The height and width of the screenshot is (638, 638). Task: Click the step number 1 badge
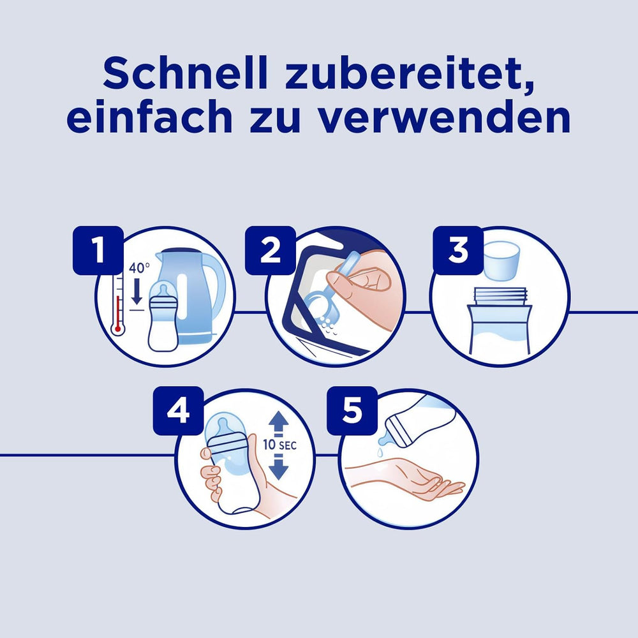(98, 251)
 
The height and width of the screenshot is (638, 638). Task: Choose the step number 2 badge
(271, 251)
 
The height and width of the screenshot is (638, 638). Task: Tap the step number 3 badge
(458, 251)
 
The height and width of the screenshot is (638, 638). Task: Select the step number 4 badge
(178, 410)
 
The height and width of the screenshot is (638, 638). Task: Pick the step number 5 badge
(352, 410)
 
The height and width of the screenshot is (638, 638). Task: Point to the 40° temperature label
(139, 269)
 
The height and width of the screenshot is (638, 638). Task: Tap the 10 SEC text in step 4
(279, 446)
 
